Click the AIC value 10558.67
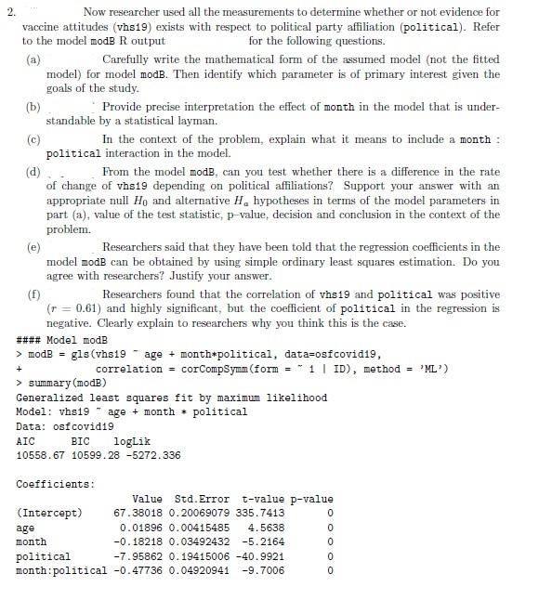point(38,454)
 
